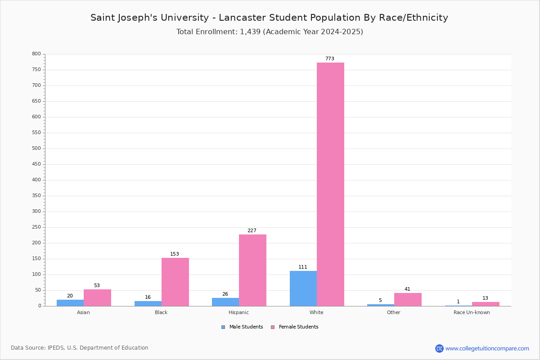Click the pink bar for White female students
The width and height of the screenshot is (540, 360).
(x=330, y=184)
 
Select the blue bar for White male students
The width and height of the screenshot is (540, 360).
(x=303, y=288)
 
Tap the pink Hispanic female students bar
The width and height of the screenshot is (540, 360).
(x=252, y=270)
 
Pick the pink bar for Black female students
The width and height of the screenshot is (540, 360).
(x=175, y=282)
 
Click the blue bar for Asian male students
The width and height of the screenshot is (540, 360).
(x=70, y=303)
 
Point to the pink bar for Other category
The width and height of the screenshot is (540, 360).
(x=408, y=300)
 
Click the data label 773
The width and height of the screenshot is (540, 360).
(x=330, y=58)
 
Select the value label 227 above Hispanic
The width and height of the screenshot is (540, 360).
(x=252, y=230)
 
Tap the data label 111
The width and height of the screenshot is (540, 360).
(x=303, y=267)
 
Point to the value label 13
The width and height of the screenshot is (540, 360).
(x=485, y=298)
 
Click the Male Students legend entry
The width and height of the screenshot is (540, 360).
(x=242, y=327)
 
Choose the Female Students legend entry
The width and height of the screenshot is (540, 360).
(x=295, y=327)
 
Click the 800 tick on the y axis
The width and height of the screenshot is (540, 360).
(x=36, y=54)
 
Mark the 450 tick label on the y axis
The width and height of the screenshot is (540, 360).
(x=36, y=164)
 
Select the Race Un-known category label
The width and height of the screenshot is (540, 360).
(x=472, y=312)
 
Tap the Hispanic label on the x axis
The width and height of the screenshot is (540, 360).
(x=238, y=312)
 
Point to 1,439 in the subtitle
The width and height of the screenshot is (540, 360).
(x=250, y=31)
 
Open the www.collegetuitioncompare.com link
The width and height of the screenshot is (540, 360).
(x=487, y=348)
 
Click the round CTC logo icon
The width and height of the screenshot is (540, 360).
(x=439, y=348)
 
